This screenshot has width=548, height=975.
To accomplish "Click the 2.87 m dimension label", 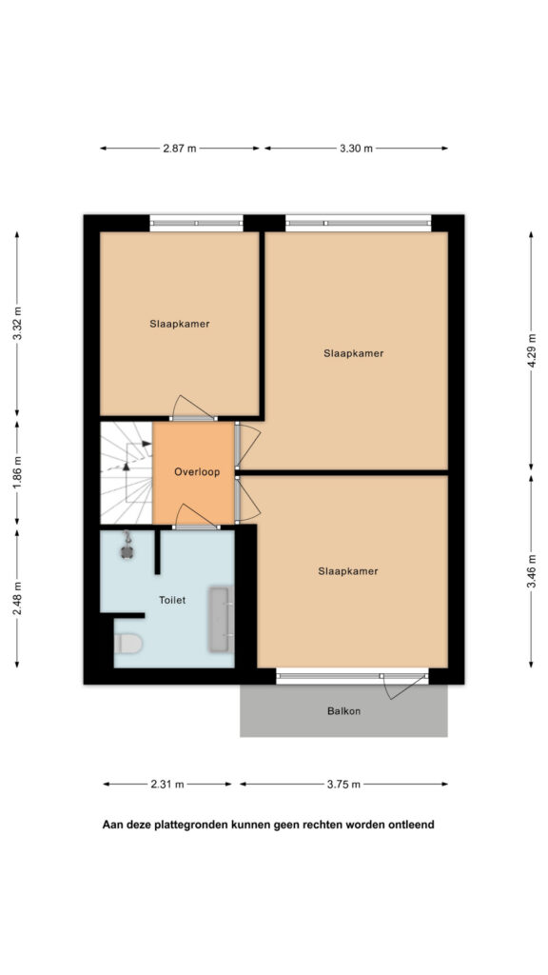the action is [180, 149].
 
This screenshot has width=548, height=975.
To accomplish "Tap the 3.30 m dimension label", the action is [357, 149].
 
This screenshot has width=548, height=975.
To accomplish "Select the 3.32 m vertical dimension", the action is [17, 324].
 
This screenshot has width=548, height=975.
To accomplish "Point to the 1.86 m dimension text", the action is [17, 473].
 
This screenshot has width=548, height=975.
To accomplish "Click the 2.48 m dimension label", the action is [17, 598].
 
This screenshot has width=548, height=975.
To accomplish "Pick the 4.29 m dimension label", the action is [531, 351].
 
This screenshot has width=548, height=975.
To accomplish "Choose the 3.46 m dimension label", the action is [531, 571].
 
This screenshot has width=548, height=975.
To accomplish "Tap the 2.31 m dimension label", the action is [167, 785].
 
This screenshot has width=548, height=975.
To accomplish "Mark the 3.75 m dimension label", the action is [343, 785].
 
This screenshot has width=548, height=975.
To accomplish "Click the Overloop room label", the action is [197, 472].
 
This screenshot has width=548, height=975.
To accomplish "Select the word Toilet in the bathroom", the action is [172, 600].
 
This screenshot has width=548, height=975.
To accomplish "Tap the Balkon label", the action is [343, 710].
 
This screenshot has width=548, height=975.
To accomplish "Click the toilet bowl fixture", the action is [128, 643].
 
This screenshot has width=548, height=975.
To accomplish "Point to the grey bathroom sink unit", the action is [220, 619].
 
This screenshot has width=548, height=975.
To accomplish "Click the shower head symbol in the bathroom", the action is [127, 546].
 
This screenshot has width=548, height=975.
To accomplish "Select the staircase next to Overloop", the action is [127, 473].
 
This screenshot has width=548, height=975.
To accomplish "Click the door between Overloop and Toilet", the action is [196, 517].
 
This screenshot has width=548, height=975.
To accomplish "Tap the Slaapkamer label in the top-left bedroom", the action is [180, 324].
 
